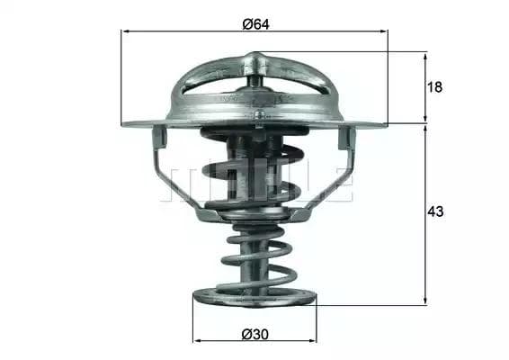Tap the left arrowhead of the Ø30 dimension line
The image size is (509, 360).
(x=198, y=341)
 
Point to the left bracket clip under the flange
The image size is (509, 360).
(x=159, y=138)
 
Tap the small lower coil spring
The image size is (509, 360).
(x=255, y=256)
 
